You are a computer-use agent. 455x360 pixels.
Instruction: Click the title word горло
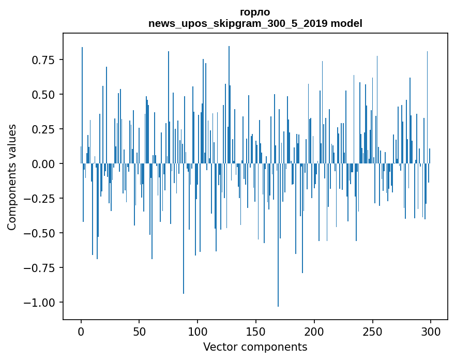[x=255, y=12]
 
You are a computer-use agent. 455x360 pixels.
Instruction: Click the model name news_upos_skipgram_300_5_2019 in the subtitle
[x=242, y=23]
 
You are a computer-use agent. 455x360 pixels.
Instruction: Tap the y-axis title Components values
[x=12, y=177]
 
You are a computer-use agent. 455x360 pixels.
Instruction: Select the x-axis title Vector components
[x=255, y=347]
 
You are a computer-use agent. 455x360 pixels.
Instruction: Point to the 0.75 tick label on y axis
[x=43, y=60]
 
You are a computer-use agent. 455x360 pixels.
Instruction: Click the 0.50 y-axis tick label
[x=43, y=95]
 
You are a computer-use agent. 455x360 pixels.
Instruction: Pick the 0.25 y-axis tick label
[x=43, y=129]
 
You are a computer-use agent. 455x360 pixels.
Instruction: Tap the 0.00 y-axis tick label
[x=43, y=164]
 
